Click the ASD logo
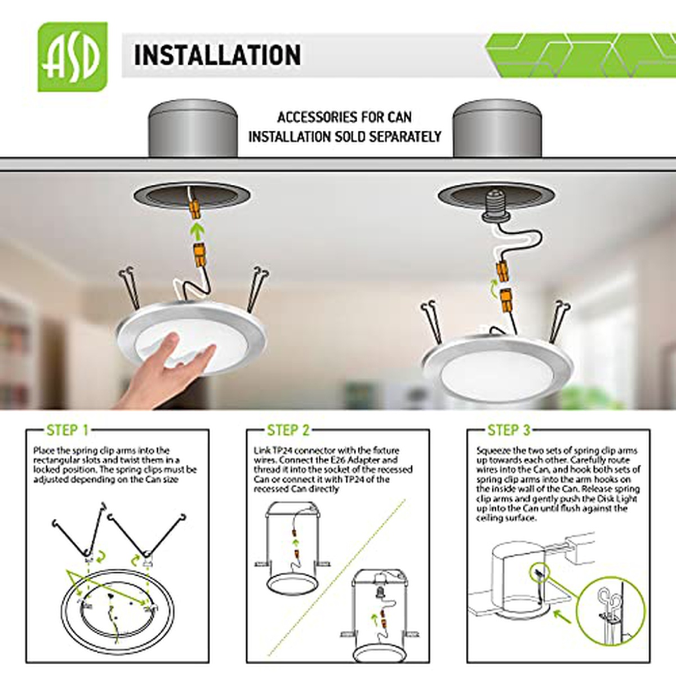pyautogui.click(x=73, y=57)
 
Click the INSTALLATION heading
pyautogui.click(x=217, y=55)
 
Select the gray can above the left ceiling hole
pyautogui.click(x=193, y=128)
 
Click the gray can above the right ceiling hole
pyautogui.click(x=497, y=128)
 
